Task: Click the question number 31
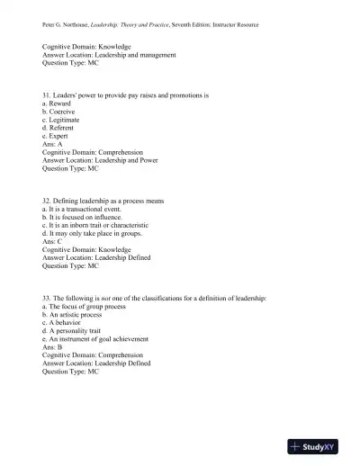(x=47, y=94)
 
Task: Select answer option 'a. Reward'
(x=58, y=103)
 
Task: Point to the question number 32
(x=47, y=200)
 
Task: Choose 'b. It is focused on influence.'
(x=86, y=216)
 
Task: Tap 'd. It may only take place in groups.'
(x=93, y=233)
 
